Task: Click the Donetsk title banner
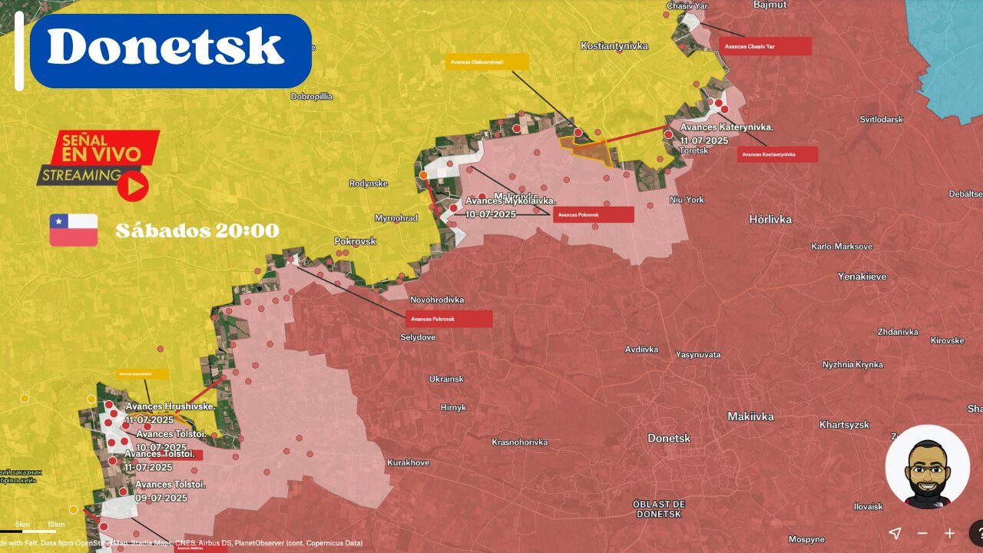[170, 50]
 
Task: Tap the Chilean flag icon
[74, 230]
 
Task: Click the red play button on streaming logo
[132, 186]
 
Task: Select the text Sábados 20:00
[197, 230]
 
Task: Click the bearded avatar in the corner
[927, 467]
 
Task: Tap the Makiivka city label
[750, 416]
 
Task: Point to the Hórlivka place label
[770, 220]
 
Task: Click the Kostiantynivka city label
[614, 46]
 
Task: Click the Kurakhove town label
[408, 462]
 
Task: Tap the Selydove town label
[418, 337]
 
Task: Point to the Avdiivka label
[641, 349]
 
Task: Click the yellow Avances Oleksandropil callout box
[487, 62]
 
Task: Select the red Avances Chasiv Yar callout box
[765, 47]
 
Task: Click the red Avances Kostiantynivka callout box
[777, 154]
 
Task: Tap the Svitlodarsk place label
[881, 120]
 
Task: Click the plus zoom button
[950, 533]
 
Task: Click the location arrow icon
[895, 533]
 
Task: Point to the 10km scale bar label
[55, 525]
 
